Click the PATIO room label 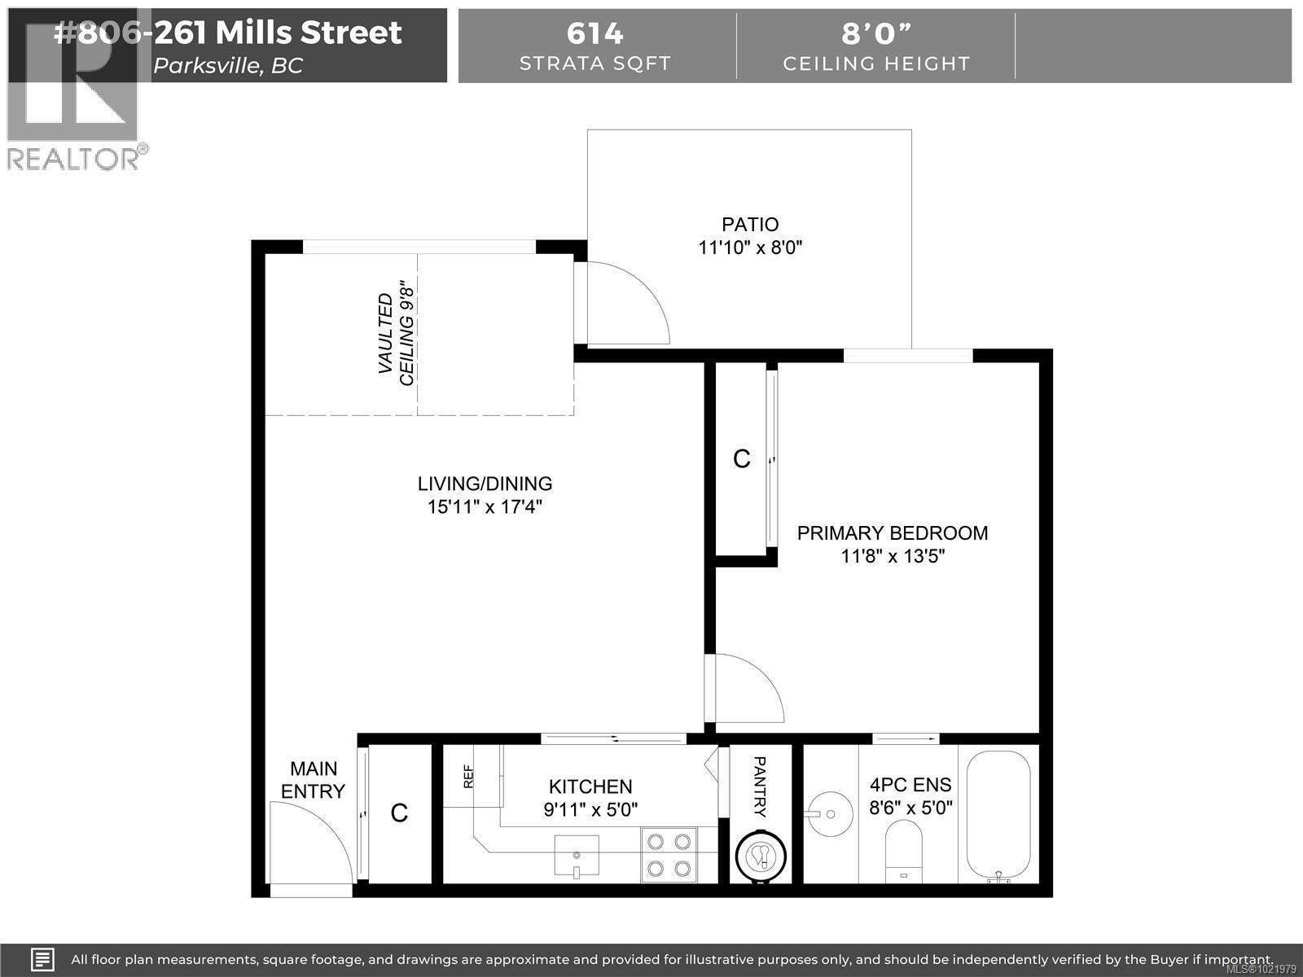point(750,225)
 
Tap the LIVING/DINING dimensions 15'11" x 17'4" point(485,507)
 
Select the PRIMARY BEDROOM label point(892,533)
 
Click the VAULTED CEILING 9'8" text point(397,334)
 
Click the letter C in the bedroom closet point(741,459)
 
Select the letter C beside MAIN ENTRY point(399,813)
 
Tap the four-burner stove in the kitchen point(669,855)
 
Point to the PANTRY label point(759,786)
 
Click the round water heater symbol point(761,855)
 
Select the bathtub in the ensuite point(998,814)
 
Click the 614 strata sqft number point(594,33)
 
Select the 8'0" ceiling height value point(876,33)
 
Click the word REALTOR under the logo point(73,159)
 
